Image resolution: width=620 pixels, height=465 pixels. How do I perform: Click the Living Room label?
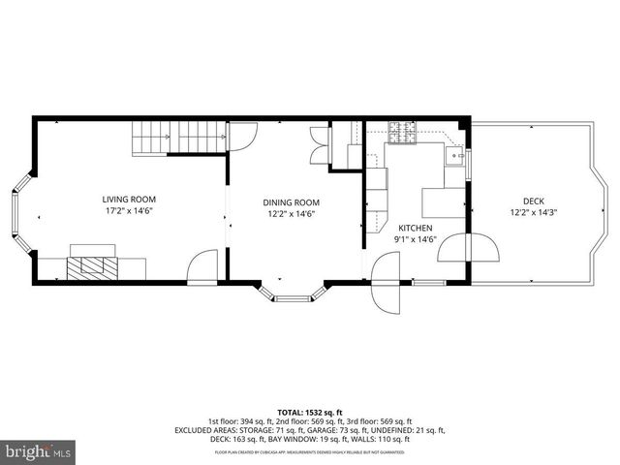tap(130, 200)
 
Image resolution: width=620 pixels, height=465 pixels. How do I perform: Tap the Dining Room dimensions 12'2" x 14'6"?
tap(291, 214)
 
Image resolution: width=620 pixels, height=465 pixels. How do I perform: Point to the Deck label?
tap(534, 200)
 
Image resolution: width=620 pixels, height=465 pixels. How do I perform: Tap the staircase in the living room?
tap(178, 138)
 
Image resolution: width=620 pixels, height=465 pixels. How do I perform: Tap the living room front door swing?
tap(203, 266)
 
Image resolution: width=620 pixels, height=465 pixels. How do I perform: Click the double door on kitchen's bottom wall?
tap(386, 281)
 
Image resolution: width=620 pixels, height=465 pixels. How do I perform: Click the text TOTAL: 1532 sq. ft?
tap(310, 412)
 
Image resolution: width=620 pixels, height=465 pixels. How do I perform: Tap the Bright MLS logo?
tap(39, 451)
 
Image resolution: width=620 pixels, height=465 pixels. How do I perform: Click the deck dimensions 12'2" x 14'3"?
tap(534, 211)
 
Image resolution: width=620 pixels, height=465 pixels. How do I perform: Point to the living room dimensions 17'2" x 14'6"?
tap(130, 211)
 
